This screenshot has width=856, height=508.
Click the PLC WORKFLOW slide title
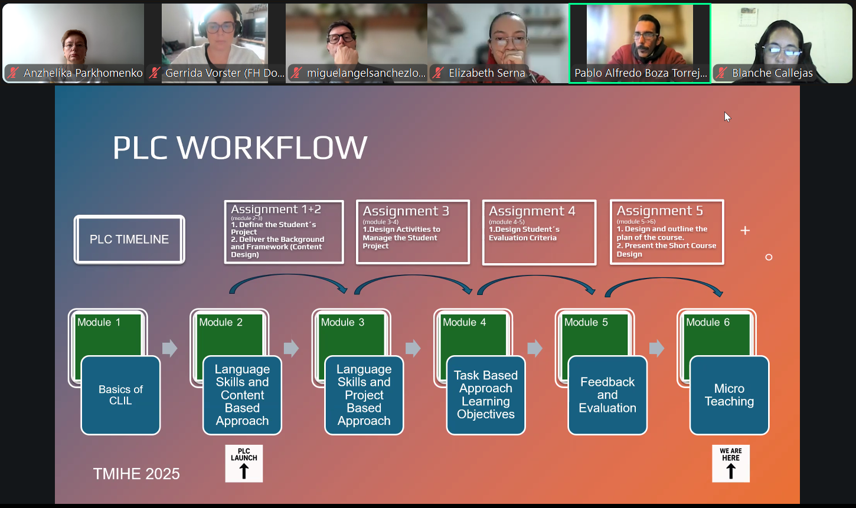tap(240, 148)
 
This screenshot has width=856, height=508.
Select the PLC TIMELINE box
tap(129, 239)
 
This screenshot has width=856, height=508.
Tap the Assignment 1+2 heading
tap(276, 209)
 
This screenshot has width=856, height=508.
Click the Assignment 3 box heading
tap(406, 211)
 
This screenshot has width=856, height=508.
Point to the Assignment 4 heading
tap(531, 211)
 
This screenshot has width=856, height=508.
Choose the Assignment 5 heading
tap(659, 211)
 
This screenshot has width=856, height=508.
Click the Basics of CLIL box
tap(120, 395)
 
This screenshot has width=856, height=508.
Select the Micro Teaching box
tap(729, 395)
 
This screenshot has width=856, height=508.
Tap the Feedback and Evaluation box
tap(607, 395)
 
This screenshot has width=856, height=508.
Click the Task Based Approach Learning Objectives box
tap(485, 395)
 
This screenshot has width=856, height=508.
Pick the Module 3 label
tap(342, 322)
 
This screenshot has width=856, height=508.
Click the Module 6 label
tap(707, 322)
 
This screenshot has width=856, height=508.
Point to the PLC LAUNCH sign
tap(244, 463)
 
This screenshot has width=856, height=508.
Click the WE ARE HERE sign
tap(730, 463)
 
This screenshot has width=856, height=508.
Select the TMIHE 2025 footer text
tap(136, 474)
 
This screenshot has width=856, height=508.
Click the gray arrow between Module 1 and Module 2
tap(169, 348)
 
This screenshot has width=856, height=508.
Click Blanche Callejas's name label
tap(772, 73)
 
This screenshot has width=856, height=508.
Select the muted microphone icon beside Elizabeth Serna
tap(438, 73)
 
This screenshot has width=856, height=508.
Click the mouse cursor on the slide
tap(727, 117)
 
